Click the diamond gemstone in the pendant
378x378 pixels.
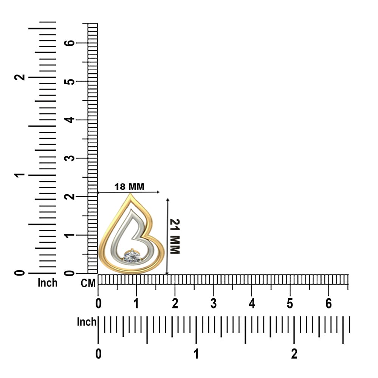tap(132, 256)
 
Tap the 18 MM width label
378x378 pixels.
tap(129, 187)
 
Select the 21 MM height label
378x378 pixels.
tap(175, 236)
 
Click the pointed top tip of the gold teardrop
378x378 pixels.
tap(130, 194)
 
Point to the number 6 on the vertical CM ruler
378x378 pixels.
tap(70, 43)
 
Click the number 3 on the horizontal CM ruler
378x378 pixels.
tap(213, 304)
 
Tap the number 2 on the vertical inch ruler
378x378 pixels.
tap(20, 77)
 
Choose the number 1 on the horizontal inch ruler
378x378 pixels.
tap(197, 354)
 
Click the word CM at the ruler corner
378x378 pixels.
tap(88, 283)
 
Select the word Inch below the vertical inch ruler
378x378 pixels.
tap(48, 283)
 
